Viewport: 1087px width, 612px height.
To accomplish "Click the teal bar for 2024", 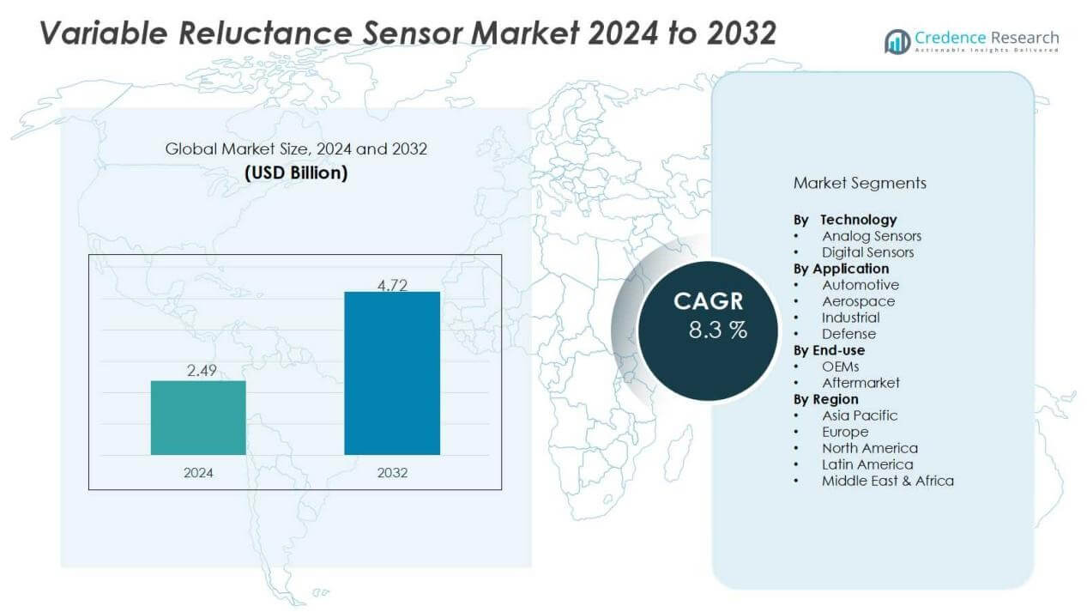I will click(x=198, y=417).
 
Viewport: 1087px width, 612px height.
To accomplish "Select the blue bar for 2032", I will click(x=392, y=373).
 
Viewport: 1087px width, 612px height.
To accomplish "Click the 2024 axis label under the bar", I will click(x=198, y=473).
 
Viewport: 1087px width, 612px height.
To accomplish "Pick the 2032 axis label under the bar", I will click(x=392, y=473).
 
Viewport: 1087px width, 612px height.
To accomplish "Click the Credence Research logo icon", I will click(x=897, y=41).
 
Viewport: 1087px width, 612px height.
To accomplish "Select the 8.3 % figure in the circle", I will click(x=717, y=330).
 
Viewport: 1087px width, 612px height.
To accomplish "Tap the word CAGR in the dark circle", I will click(x=708, y=301).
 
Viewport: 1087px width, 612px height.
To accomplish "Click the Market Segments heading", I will click(x=860, y=183).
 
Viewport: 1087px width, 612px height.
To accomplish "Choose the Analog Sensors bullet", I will click(x=871, y=236).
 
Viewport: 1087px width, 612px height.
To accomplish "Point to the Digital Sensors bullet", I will click(x=867, y=252).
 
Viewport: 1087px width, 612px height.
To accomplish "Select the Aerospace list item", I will click(x=858, y=301).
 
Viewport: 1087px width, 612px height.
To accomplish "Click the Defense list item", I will click(x=848, y=334).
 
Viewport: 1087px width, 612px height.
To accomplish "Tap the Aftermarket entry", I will click(x=861, y=383).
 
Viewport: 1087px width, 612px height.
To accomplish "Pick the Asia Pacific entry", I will click(x=860, y=415).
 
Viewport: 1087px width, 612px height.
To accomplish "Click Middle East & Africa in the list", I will click(x=887, y=481).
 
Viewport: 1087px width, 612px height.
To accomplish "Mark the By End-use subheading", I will click(x=829, y=350).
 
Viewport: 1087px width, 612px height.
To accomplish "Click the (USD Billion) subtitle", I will click(x=296, y=173).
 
